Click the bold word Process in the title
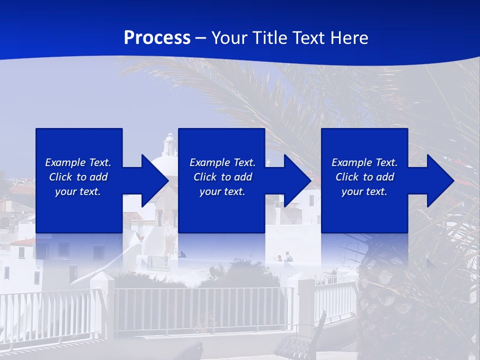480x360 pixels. pyautogui.click(x=157, y=37)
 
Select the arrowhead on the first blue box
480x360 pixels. pyautogui.click(x=150, y=180)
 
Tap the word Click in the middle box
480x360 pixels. pyautogui.click(x=205, y=177)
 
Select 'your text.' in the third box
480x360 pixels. pyautogui.click(x=364, y=191)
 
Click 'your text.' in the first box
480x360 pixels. pyautogui.click(x=78, y=191)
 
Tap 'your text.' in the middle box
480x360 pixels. pyautogui.click(x=222, y=191)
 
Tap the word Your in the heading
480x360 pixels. pyautogui.click(x=229, y=37)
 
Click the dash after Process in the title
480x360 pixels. pyautogui.click(x=201, y=38)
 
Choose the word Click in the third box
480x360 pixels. pyautogui.click(x=347, y=177)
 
